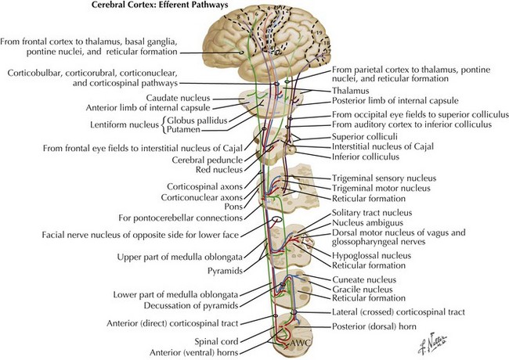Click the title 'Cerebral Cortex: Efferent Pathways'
point(160,5)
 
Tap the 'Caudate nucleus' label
point(179,98)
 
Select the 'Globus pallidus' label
point(197,121)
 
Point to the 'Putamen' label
point(183,130)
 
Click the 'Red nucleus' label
point(219,170)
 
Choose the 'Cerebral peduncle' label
point(208,160)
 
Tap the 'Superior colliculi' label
point(365,136)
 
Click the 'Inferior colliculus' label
point(366,157)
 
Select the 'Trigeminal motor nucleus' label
point(381,188)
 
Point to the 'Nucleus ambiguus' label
point(367,223)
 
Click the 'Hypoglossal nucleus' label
point(371,256)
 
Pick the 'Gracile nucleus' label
point(363,290)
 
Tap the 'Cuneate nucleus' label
point(364,279)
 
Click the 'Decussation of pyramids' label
point(191,305)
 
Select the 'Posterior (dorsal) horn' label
point(374,326)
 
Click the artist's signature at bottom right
point(432,343)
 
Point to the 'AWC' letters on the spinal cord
point(300,343)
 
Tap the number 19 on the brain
point(319,32)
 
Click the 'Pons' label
point(233,207)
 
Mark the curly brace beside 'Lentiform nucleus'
point(164,125)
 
